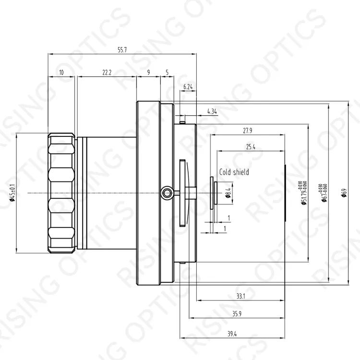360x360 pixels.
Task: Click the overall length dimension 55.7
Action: pyautogui.click(x=122, y=50)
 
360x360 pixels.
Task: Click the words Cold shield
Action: pyautogui.click(x=234, y=172)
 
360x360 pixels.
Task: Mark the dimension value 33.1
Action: pyautogui.click(x=240, y=297)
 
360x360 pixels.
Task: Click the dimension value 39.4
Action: pyautogui.click(x=231, y=334)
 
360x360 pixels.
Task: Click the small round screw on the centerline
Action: pyautogui.click(x=166, y=192)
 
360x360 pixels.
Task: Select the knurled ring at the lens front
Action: pyautogui.click(x=61, y=192)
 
